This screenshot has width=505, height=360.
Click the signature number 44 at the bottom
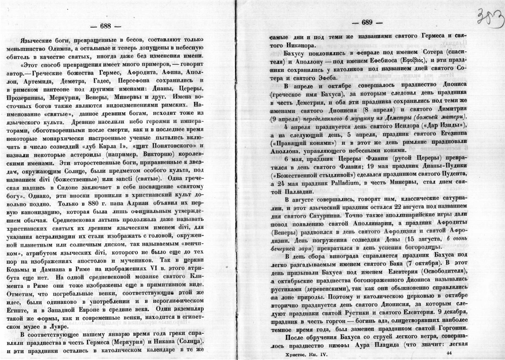(x=449, y=353)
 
